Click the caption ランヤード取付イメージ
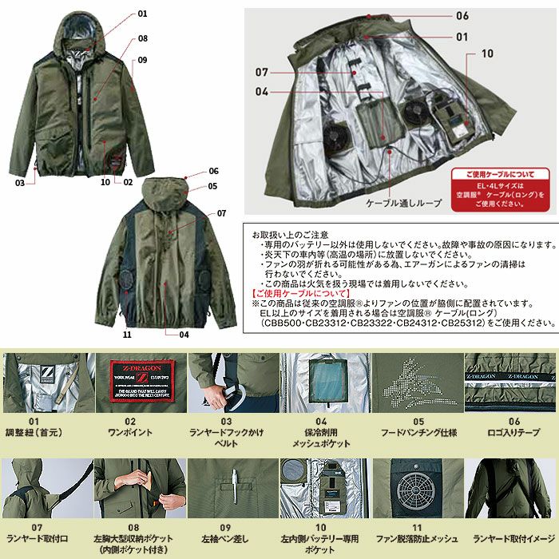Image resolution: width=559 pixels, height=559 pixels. [512, 538]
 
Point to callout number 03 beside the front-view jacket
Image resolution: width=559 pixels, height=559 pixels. [20, 183]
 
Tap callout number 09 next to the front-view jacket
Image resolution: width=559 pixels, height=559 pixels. [142, 59]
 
